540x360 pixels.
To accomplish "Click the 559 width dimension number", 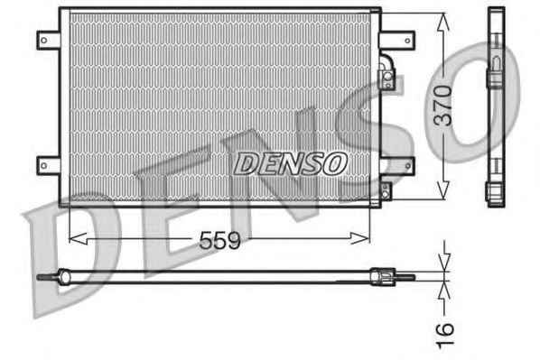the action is click(x=219, y=240).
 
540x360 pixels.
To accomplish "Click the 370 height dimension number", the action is click(x=442, y=106).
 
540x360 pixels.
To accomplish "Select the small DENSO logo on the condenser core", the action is click(x=290, y=163).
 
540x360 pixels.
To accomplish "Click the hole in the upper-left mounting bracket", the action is click(x=44, y=41).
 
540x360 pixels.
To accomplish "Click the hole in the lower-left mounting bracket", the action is click(x=44, y=166).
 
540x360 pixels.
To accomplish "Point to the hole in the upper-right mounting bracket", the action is click(x=407, y=41).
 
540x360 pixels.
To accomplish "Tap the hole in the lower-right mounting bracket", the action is click(x=408, y=166).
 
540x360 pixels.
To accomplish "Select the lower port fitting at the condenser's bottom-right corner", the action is click(x=386, y=192).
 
